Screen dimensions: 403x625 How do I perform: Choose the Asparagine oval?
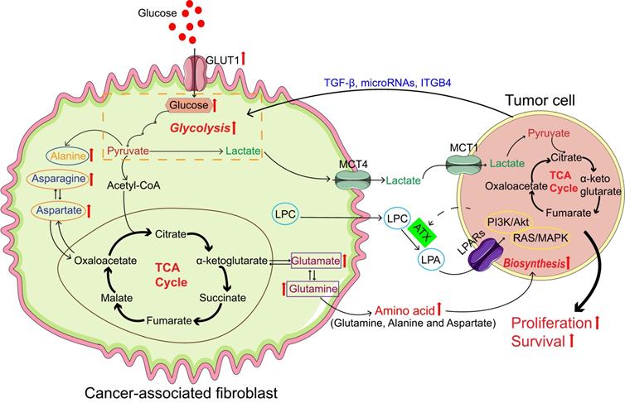[58, 178]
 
